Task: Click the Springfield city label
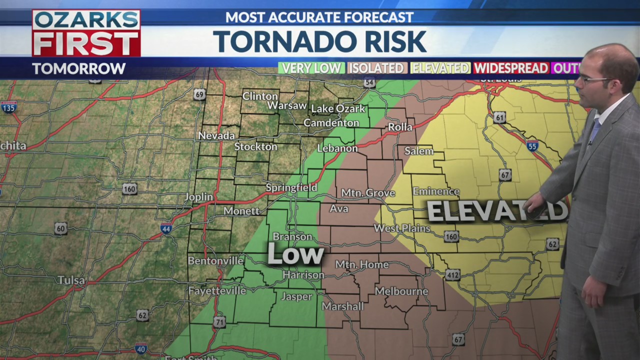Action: point(291,188)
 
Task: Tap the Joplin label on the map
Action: point(198,197)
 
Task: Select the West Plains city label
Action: point(402,228)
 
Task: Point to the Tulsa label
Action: point(71,280)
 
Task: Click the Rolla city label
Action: point(400,127)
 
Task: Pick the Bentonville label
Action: point(215,261)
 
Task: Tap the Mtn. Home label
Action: point(361,264)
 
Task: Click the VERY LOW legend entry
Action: point(311,68)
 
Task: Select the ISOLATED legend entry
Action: point(377,68)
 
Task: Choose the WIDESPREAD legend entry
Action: point(510,68)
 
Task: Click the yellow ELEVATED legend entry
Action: point(440,68)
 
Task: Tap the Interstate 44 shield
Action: point(166,229)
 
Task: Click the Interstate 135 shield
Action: point(8,107)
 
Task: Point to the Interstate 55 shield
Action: point(532,146)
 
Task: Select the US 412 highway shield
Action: point(452,274)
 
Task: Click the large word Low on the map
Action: point(295,254)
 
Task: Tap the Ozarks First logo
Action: point(86,33)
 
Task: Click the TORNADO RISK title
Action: point(319,41)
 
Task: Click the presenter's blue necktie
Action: point(594,130)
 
